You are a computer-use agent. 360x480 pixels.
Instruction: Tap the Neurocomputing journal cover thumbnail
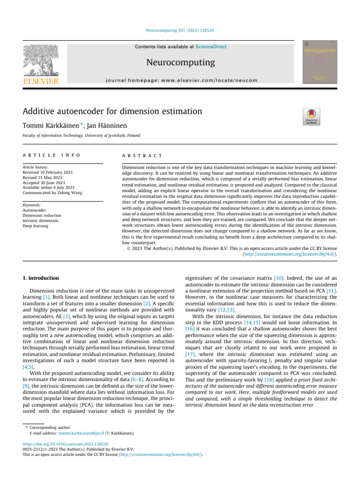tap(319, 62)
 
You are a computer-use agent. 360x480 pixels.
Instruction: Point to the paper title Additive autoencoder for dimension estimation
tap(112, 112)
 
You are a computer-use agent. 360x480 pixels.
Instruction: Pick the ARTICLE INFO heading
tap(52, 155)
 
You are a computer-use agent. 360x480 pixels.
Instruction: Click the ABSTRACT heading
tap(142, 155)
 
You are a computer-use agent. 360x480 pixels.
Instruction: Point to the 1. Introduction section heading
tap(41, 278)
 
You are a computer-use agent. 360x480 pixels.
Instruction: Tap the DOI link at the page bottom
tap(66, 444)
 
